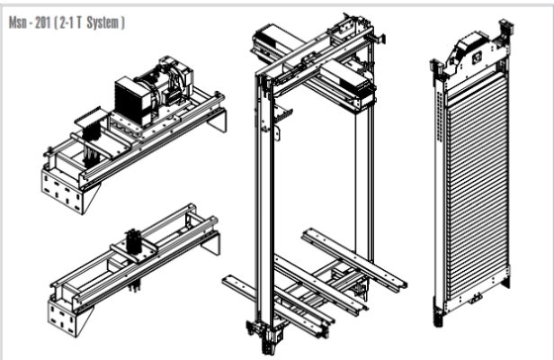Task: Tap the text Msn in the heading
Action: [x=16, y=23]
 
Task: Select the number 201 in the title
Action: [x=42, y=23]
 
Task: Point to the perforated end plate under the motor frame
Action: [x=63, y=192]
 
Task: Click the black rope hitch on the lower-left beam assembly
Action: [x=134, y=241]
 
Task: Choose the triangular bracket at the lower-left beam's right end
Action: [x=211, y=243]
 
